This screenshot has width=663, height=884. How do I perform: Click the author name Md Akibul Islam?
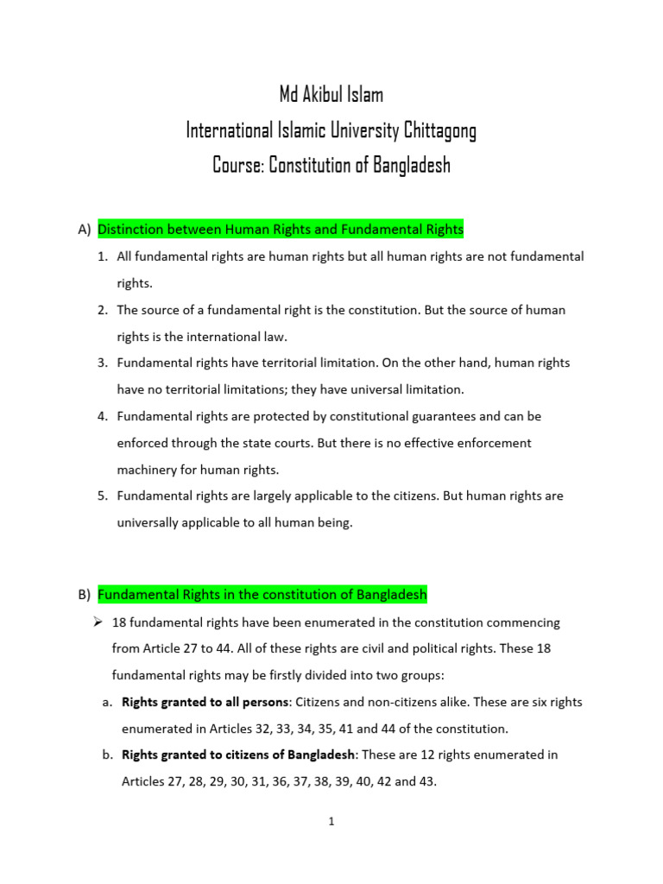click(x=331, y=95)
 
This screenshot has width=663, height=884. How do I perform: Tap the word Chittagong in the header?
click(x=438, y=130)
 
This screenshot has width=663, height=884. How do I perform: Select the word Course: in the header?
click(x=237, y=165)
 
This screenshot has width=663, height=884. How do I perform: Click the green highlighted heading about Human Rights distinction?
click(x=281, y=230)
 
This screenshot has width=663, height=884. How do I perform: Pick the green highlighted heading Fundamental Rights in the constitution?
click(x=262, y=595)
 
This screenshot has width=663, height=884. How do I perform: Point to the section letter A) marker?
click(x=84, y=230)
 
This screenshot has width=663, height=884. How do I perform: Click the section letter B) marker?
click(x=84, y=595)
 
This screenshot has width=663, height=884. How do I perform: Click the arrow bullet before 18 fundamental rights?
click(x=98, y=622)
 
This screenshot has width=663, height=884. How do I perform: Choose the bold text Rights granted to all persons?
click(x=205, y=702)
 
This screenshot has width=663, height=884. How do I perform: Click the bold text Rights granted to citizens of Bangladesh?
click(x=238, y=755)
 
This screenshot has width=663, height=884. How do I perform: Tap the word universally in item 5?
click(x=149, y=523)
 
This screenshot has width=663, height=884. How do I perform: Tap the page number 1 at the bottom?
click(x=331, y=822)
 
